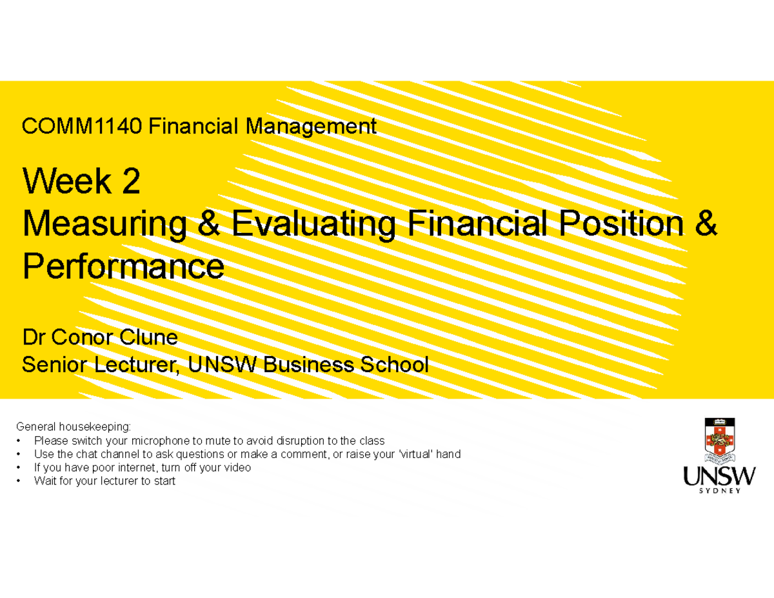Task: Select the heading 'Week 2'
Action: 81,183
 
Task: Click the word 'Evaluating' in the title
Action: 313,225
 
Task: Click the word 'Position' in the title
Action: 617,225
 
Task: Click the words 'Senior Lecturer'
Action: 101,365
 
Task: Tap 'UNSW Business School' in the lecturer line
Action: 308,365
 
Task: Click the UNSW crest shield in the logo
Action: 719,441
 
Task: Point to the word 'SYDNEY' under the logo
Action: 719,490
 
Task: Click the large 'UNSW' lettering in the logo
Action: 719,477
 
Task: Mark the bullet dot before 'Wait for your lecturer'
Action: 20,481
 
